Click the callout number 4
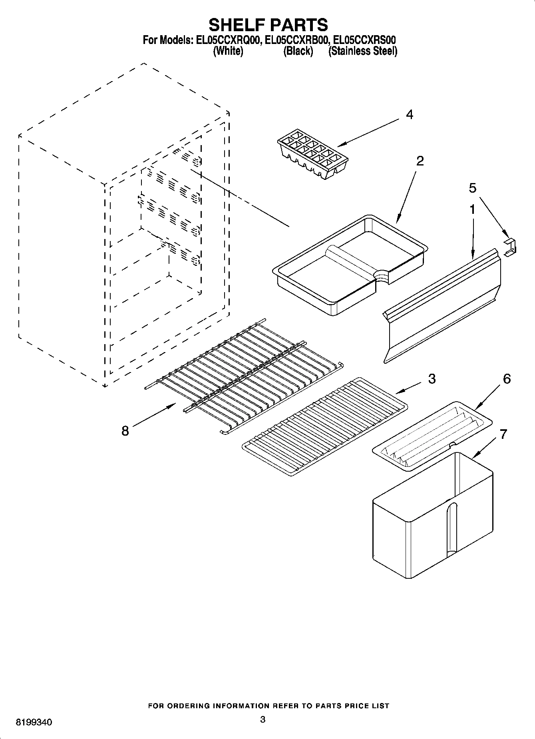point(409,115)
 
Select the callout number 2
point(420,161)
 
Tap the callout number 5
point(473,188)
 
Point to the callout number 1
point(472,209)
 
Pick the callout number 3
point(432,378)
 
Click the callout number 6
point(507,378)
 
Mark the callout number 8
point(125,431)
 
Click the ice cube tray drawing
point(313,153)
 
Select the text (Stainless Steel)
point(362,51)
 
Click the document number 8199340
point(34,723)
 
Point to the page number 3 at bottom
point(263,719)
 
